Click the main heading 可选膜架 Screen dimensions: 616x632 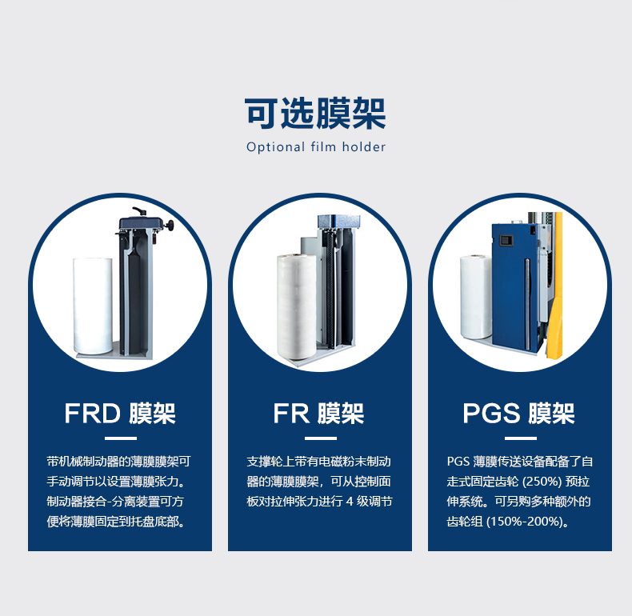(x=315, y=113)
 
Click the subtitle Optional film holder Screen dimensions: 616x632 (x=315, y=147)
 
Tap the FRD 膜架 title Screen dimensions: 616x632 (x=120, y=414)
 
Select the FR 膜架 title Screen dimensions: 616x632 (x=318, y=414)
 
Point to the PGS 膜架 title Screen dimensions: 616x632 (x=518, y=414)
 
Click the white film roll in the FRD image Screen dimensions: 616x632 (x=95, y=306)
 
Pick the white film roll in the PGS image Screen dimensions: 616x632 (x=475, y=297)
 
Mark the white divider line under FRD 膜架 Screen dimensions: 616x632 (x=120, y=438)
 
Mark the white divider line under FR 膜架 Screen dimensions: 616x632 (x=318, y=438)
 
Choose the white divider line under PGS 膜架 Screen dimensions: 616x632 (x=520, y=438)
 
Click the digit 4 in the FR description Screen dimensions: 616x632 (x=350, y=502)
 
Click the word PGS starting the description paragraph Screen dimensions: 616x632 (x=458, y=462)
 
